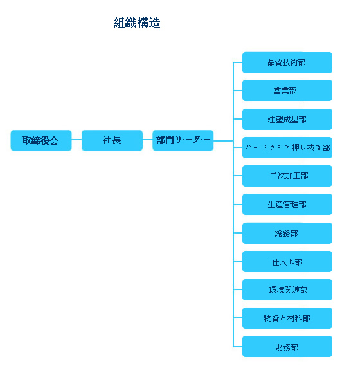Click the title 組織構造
pyautogui.click(x=137, y=23)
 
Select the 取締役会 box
pyautogui.click(x=41, y=140)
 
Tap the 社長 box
pyautogui.click(x=112, y=140)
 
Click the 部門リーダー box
pyautogui.click(x=183, y=140)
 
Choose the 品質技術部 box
pyautogui.click(x=287, y=62)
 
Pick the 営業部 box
pyautogui.click(x=287, y=90)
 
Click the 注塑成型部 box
pyautogui.click(x=287, y=119)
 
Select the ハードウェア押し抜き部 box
pyautogui.click(x=287, y=147)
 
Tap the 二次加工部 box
pyautogui.click(x=287, y=176)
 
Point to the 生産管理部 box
pyautogui.click(x=287, y=204)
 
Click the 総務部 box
pyautogui.click(x=287, y=233)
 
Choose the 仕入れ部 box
pyautogui.click(x=287, y=261)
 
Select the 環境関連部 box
pyautogui.click(x=287, y=289)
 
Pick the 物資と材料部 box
pyautogui.click(x=287, y=318)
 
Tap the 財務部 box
pyautogui.click(x=287, y=346)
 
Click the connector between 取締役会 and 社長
pyautogui.click(x=76, y=140)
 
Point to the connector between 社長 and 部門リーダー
pyautogui.click(x=148, y=140)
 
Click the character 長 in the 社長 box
pyautogui.click(x=116, y=140)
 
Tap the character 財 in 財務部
pyautogui.click(x=279, y=347)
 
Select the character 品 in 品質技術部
pyautogui.click(x=272, y=62)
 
